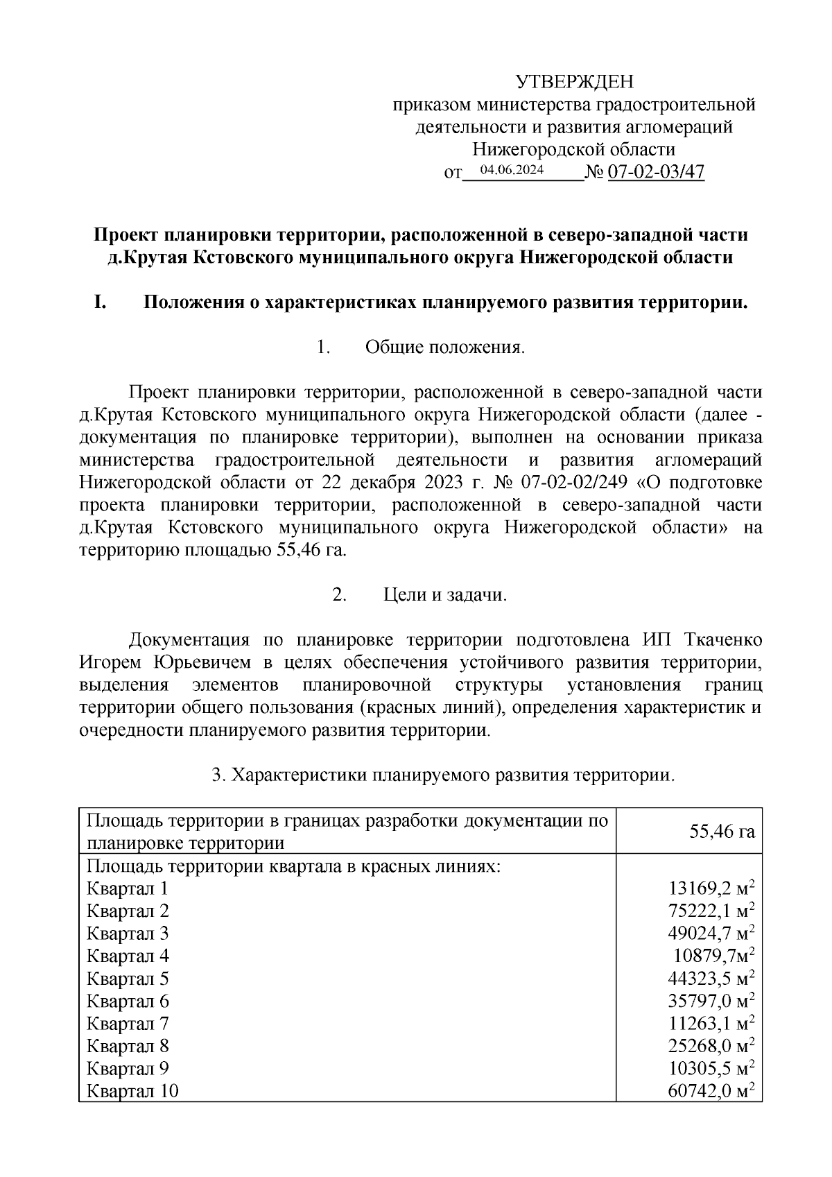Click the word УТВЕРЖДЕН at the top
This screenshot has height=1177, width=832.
(575, 83)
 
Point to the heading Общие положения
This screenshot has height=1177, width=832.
(445, 347)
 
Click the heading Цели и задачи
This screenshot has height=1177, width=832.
(445, 594)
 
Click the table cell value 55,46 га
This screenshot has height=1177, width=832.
(722, 831)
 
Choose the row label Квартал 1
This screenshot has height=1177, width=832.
(127, 888)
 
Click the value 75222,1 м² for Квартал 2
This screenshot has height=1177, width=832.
(711, 911)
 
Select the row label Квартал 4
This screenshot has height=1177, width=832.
(128, 956)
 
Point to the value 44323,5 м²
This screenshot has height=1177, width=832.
(711, 979)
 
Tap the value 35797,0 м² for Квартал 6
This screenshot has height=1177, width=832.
(711, 1001)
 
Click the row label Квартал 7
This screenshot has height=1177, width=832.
(128, 1024)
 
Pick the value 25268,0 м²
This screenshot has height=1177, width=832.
(711, 1046)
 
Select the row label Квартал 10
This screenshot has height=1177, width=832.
(132, 1091)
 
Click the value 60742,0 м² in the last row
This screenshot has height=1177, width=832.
(711, 1091)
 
